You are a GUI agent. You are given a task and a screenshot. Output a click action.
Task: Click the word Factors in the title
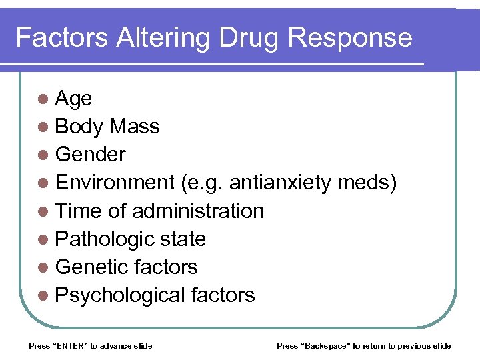pos(62,37)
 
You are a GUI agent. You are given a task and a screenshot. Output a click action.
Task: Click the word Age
pos(74,99)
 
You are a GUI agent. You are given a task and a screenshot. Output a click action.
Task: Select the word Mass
pos(135,127)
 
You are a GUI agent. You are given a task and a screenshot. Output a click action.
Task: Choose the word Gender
pos(91,155)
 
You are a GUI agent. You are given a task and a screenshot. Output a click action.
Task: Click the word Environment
pos(115,183)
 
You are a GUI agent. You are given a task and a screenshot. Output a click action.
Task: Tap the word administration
pos(198,211)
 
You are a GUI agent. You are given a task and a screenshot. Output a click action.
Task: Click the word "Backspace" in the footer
pos(325,345)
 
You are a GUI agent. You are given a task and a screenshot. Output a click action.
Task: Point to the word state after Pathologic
pos(184,239)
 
